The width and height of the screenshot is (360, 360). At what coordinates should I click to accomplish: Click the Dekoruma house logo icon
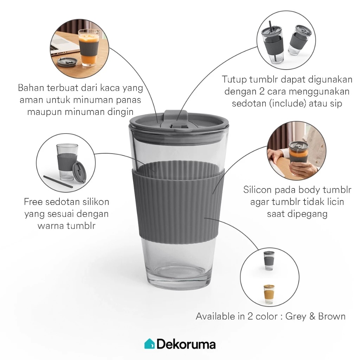coord(149,343)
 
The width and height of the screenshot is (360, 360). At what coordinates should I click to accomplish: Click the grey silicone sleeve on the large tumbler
coord(178,200)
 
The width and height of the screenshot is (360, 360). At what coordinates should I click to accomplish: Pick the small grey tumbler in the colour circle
coord(269,260)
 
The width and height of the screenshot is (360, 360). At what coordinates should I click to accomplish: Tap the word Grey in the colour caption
coord(296,316)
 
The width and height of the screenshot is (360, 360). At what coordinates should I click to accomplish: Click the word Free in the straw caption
coord(34,202)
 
